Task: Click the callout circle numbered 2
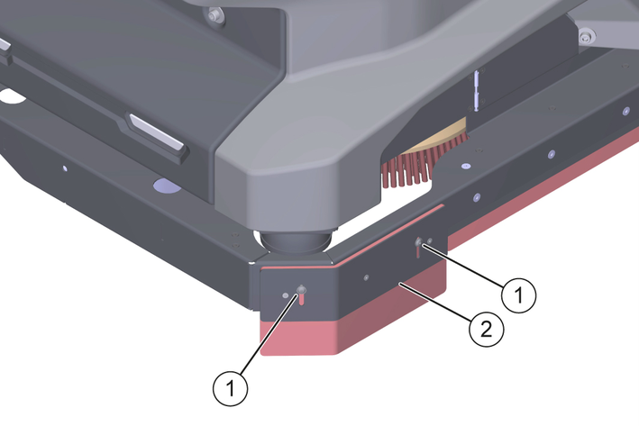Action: [487, 329]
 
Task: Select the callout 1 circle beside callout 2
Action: [519, 295]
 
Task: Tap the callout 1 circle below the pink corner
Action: [230, 388]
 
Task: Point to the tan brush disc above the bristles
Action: [440, 136]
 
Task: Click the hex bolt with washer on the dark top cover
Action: [214, 16]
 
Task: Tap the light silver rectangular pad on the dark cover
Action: [156, 131]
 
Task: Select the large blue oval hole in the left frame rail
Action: [167, 186]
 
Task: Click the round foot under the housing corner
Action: [294, 243]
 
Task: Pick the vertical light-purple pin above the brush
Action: [476, 90]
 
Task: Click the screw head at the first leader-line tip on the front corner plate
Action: [302, 290]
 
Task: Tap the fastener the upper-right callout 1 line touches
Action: [419, 242]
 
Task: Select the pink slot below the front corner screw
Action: [301, 299]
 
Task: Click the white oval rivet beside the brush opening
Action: [465, 166]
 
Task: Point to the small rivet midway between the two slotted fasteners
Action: [366, 277]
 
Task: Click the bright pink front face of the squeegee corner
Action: [297, 337]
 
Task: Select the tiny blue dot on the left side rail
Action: [64, 168]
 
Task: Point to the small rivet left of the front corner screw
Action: [286, 295]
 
